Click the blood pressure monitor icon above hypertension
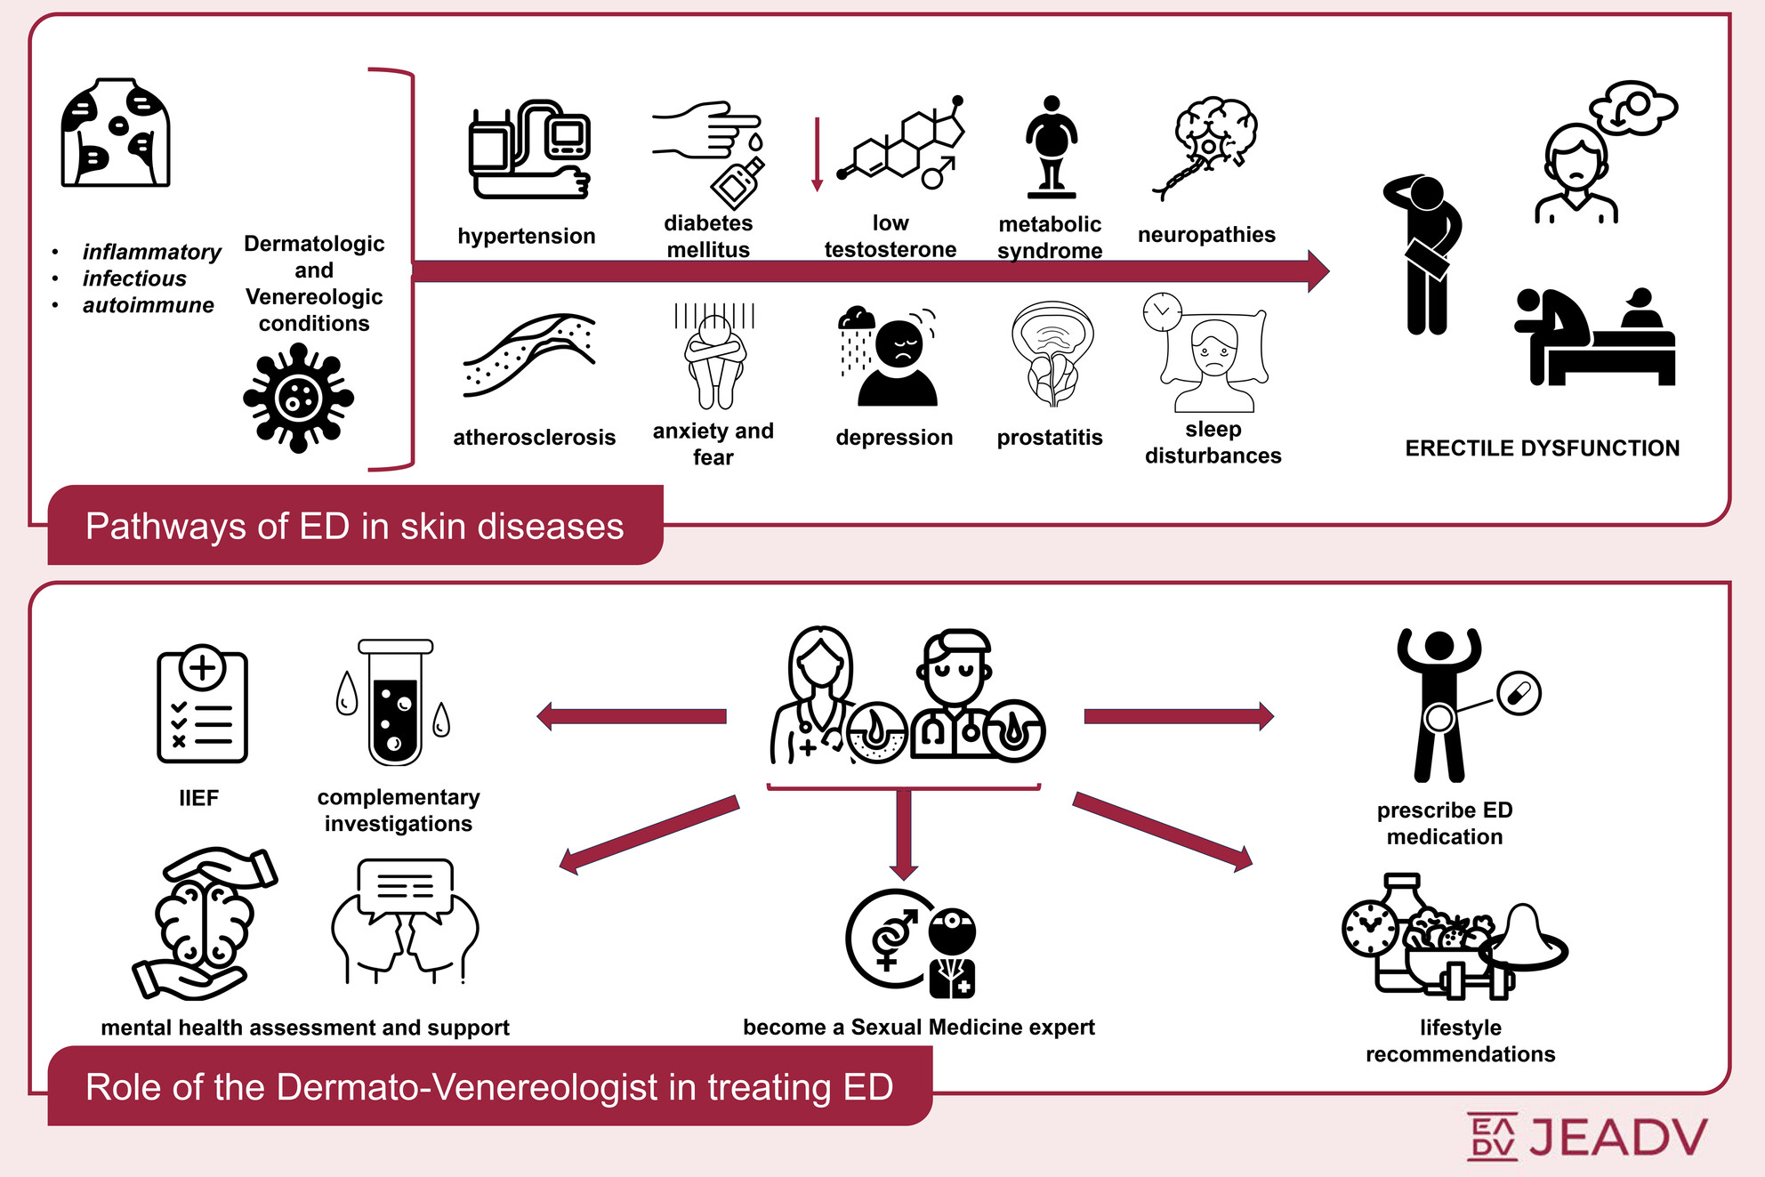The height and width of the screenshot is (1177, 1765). pyautogui.click(x=529, y=149)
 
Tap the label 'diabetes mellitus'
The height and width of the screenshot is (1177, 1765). pyautogui.click(x=708, y=237)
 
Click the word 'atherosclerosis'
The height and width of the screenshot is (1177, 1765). pyautogui.click(x=534, y=437)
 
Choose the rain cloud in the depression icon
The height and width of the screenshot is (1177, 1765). pyautogui.click(x=857, y=319)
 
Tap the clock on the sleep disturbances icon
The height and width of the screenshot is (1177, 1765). pyautogui.click(x=1162, y=311)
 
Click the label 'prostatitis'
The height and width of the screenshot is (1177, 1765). pyautogui.click(x=1049, y=437)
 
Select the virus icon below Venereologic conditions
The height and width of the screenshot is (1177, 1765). pyautogui.click(x=298, y=399)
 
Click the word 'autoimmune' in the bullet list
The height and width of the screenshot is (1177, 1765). pyautogui.click(x=149, y=305)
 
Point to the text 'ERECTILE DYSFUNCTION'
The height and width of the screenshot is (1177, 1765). pyautogui.click(x=1542, y=447)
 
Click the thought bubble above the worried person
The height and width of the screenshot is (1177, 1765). pyautogui.click(x=1633, y=108)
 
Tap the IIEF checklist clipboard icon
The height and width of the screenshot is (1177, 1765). pyautogui.click(x=202, y=705)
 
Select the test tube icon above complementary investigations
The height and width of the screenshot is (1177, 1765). pyautogui.click(x=395, y=703)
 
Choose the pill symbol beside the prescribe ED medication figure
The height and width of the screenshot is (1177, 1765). pyautogui.click(x=1519, y=693)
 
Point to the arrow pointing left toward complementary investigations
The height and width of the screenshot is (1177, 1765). pyautogui.click(x=632, y=716)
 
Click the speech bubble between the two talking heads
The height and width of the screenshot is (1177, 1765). pyautogui.click(x=405, y=888)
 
